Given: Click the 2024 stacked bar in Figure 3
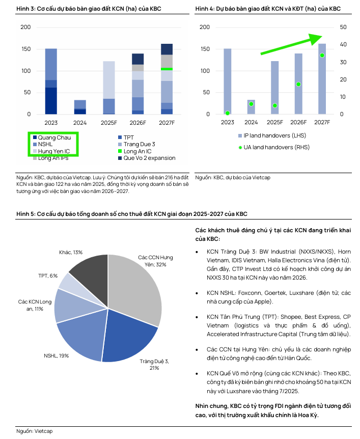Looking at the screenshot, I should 80,107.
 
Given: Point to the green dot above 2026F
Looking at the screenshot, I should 298,84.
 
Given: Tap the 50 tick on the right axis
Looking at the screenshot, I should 343,27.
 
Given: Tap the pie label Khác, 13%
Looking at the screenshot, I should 71,252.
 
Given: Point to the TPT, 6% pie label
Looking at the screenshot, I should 48,276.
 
